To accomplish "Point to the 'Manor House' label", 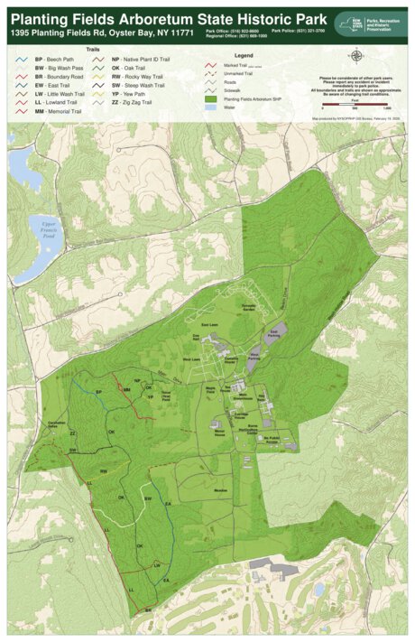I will point(219,434).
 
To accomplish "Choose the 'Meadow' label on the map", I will point(219,489).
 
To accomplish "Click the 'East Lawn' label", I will point(209,324).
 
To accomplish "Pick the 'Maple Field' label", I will point(210,391).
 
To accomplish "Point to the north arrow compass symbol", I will point(356,56).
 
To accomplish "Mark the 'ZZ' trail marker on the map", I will point(73,433).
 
